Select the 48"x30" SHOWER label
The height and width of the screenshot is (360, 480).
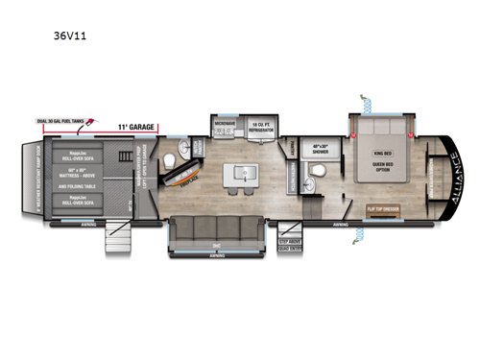(322, 151)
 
